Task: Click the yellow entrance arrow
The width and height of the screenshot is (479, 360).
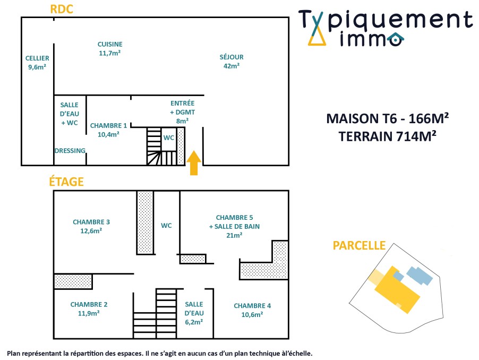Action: coord(194,162)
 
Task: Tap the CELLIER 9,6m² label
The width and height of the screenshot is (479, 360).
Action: coord(37,63)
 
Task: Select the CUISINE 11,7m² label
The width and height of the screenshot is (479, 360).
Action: coord(110,48)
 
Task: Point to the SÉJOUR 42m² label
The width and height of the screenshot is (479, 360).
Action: coord(232,61)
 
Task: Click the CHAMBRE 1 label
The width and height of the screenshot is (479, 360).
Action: coord(108,130)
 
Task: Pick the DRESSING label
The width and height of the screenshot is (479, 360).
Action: coord(70,151)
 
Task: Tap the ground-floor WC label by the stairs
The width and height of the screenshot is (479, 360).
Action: coord(169,138)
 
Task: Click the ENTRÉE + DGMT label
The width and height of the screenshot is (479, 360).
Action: coord(182,112)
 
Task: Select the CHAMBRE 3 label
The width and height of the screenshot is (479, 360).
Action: coord(91,226)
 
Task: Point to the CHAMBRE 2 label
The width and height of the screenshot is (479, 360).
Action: coord(89,308)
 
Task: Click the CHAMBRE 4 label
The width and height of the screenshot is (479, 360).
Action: coord(252,310)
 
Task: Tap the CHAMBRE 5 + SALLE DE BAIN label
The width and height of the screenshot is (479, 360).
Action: coord(234,226)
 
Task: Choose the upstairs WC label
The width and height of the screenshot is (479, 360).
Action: coord(166,226)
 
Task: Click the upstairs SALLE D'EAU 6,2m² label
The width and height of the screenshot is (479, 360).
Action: coord(194,313)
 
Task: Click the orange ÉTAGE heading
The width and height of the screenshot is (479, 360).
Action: coord(66,182)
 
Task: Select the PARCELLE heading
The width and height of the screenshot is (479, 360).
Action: coord(359,245)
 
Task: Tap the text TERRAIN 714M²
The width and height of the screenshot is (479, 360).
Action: coord(388,136)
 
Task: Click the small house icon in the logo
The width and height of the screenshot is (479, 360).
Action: coord(395,39)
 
